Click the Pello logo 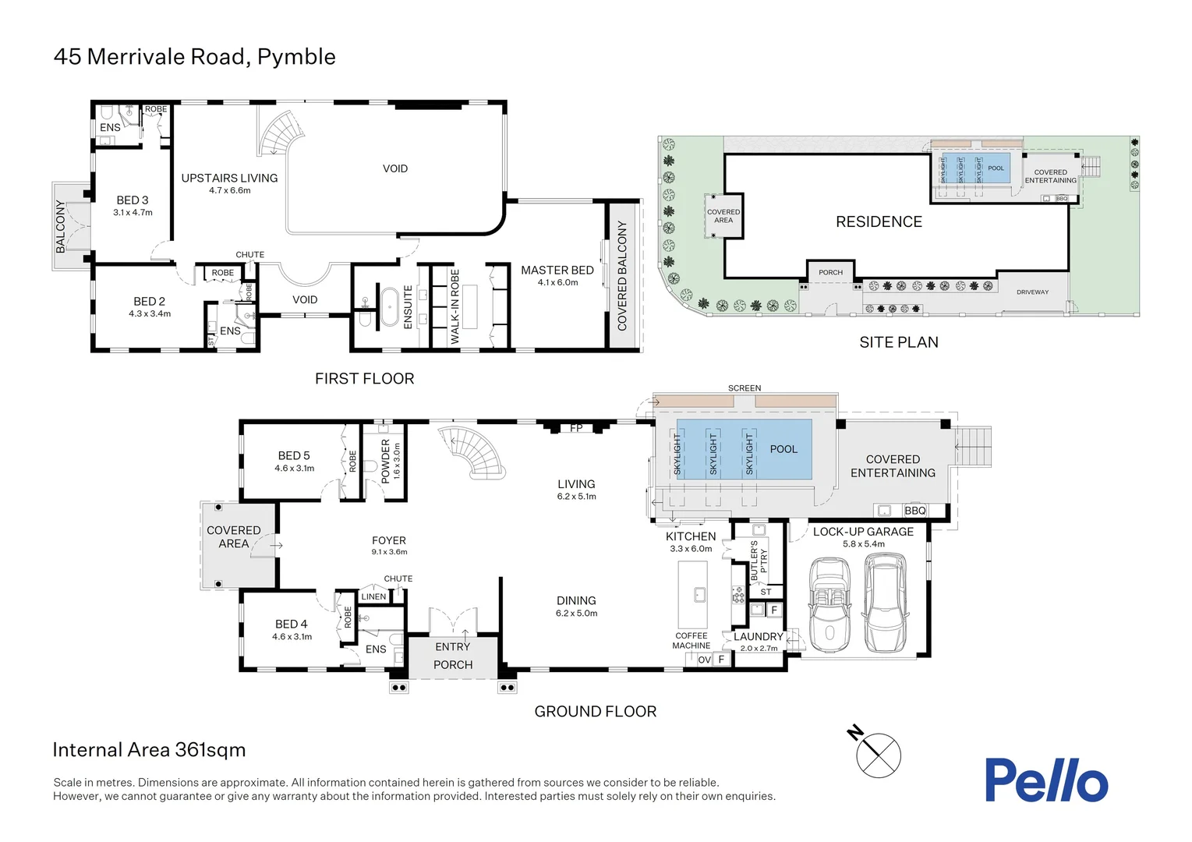[1045, 780]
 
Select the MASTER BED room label [557, 271]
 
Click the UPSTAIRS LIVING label [229, 179]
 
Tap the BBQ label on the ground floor [914, 511]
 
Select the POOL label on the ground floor [783, 449]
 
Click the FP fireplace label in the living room [576, 428]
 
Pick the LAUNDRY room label [758, 636]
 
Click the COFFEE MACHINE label [691, 641]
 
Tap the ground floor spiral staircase [474, 452]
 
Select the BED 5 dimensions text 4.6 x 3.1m [294, 469]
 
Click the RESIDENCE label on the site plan [879, 222]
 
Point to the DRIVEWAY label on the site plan [1032, 292]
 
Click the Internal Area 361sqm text [149, 750]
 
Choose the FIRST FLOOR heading [364, 379]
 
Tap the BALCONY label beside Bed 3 [61, 226]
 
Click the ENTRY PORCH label [453, 656]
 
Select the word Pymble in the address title [296, 57]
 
